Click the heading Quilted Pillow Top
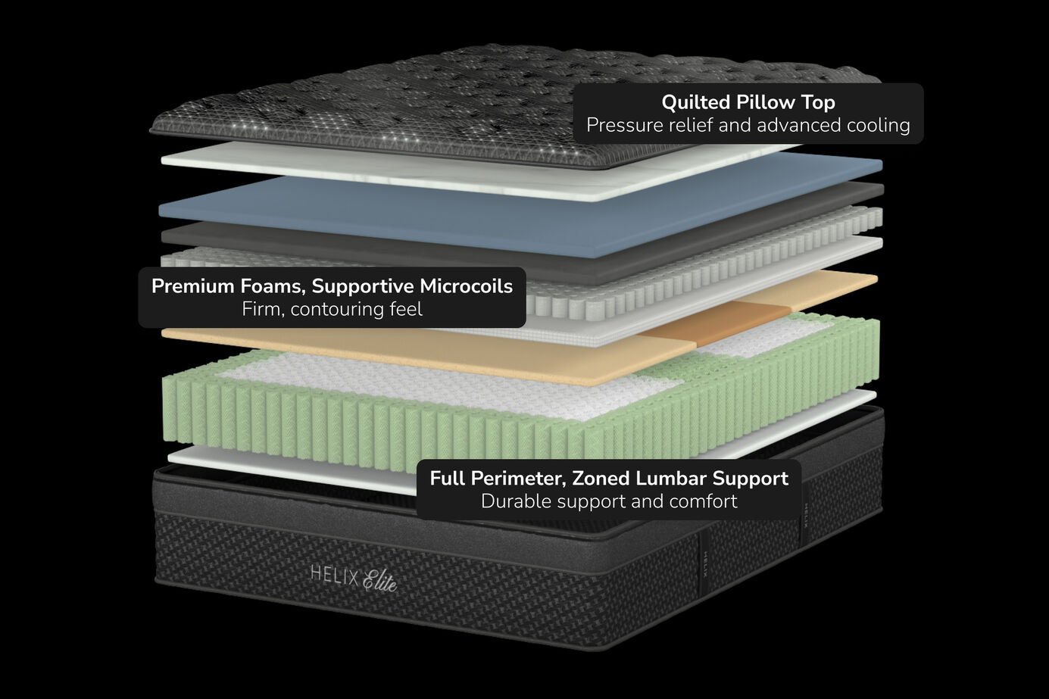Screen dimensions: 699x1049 click(748, 102)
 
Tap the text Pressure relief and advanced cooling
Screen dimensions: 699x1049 click(748, 125)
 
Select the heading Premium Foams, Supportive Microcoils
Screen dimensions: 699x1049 click(332, 286)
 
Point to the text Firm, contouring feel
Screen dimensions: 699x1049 click(332, 309)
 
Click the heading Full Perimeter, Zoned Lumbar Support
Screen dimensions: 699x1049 click(608, 479)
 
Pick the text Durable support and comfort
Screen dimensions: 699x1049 click(608, 501)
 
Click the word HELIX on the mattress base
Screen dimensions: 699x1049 click(333, 574)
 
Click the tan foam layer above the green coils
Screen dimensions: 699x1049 click(454, 352)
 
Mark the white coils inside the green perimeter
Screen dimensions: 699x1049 click(454, 382)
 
